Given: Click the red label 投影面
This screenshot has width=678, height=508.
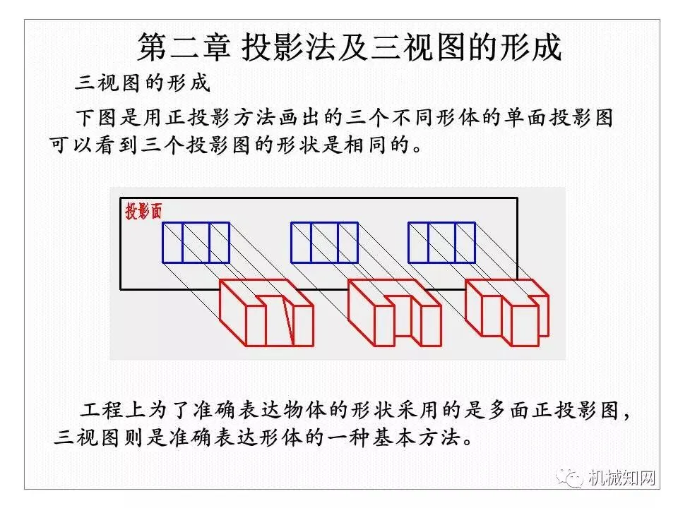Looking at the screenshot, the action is pyautogui.click(x=143, y=211).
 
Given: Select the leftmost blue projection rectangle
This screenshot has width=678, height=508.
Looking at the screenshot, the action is pyautogui.click(x=196, y=243).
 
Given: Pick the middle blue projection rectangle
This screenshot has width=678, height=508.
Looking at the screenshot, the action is pyautogui.click(x=324, y=243).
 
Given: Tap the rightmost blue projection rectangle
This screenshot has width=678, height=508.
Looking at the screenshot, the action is pyautogui.click(x=441, y=243).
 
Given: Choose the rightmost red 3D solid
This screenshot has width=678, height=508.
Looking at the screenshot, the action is pyautogui.click(x=506, y=310).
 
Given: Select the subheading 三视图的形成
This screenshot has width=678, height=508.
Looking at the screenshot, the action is pyautogui.click(x=143, y=83).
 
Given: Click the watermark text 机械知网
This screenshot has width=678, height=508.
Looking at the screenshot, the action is pyautogui.click(x=621, y=478).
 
